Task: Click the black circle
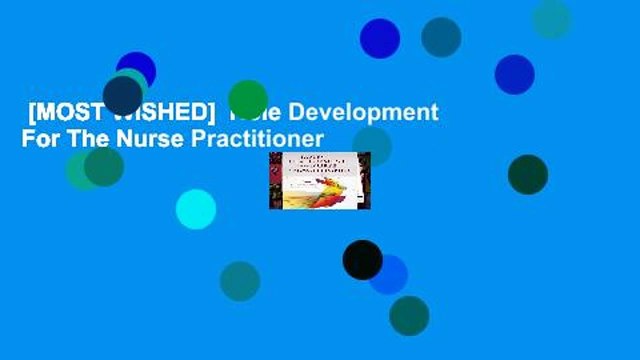(x=362, y=260)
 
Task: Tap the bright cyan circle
(x=196, y=209)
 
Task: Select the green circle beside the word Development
(x=248, y=100)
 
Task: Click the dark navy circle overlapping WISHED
(x=123, y=95)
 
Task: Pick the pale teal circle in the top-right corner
(x=551, y=19)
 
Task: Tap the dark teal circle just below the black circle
(x=409, y=316)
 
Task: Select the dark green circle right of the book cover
(x=527, y=174)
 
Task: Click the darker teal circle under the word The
(x=104, y=166)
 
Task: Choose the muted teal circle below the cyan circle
(x=240, y=281)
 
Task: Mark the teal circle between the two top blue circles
(x=441, y=37)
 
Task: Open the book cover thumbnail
(x=319, y=180)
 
